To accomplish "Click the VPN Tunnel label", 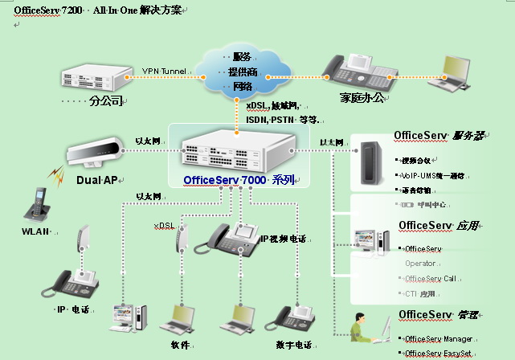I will pyautogui.click(x=164, y=72).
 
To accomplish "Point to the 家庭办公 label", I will pyautogui.click(x=362, y=99).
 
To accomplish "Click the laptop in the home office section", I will pyautogui.click(x=451, y=72).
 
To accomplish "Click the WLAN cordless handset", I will pyautogui.click(x=36, y=206).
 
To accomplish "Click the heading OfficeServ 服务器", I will pyautogui.click(x=438, y=136).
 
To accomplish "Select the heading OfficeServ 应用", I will pyautogui.click(x=439, y=225).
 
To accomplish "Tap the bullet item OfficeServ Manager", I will pyautogui.click(x=439, y=339).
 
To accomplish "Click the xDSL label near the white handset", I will pyautogui.click(x=164, y=226).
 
